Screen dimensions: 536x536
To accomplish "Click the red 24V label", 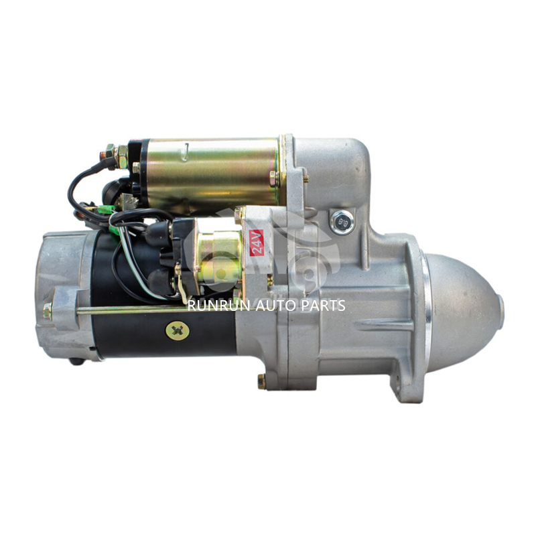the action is [257, 243].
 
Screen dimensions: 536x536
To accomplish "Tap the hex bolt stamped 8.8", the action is [342, 222].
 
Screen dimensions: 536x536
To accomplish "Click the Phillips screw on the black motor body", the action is [178, 331].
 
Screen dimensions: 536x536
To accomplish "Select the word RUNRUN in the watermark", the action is [219, 306].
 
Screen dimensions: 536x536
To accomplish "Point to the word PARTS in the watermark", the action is [323, 306].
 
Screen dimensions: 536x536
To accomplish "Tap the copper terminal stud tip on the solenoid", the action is [103, 155].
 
